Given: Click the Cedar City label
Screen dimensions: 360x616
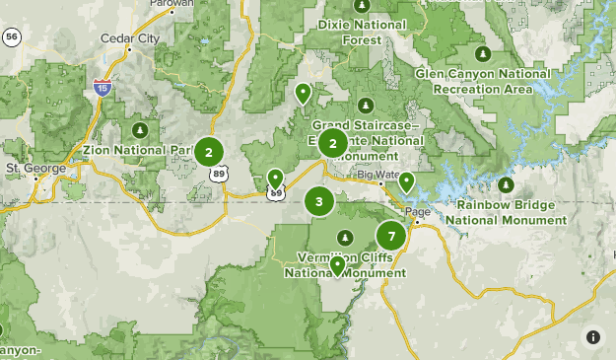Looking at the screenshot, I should [x=129, y=39].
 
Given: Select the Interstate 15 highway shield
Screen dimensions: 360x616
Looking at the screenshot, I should [x=102, y=88].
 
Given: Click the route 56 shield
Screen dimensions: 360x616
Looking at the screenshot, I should [x=12, y=37].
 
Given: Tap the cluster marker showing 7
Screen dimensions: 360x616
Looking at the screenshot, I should [x=391, y=236].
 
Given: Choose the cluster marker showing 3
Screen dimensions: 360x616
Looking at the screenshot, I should [x=319, y=201].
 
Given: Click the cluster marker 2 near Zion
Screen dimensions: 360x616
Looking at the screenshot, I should [x=208, y=152].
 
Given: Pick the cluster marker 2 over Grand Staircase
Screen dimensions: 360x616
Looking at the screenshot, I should [x=333, y=144].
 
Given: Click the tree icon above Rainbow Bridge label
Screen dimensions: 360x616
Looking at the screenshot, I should [x=506, y=184].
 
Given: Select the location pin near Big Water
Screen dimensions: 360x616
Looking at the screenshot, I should [x=406, y=181].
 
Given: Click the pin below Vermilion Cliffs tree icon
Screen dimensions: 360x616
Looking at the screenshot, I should [x=337, y=264].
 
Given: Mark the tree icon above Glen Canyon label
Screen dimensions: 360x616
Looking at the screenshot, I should [x=482, y=53].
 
